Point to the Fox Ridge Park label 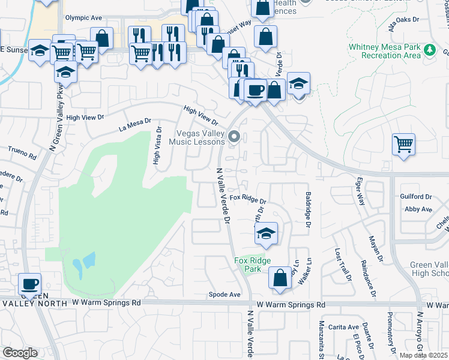[x=252, y=265]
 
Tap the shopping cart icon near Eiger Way [x=403, y=144]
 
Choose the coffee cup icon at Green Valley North [x=29, y=283]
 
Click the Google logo [x=20, y=353]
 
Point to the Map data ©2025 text [x=424, y=355]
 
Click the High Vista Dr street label [x=157, y=145]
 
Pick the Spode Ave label [x=224, y=295]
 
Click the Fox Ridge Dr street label [x=247, y=197]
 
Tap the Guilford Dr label [x=416, y=196]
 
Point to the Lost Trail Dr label [x=342, y=265]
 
